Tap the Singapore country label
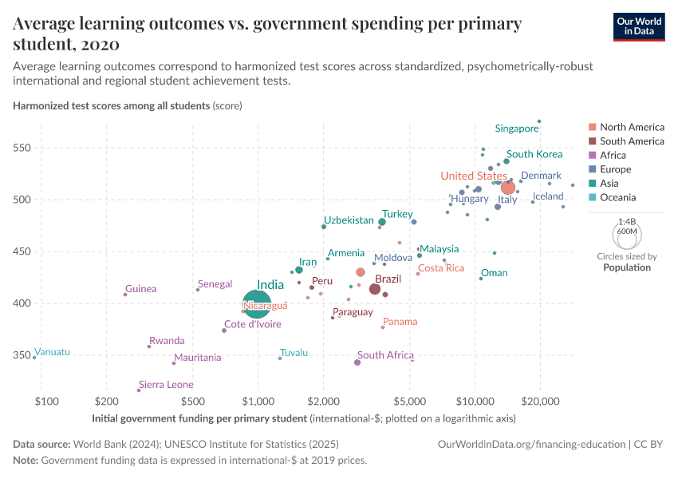[517, 129]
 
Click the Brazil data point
[374, 289]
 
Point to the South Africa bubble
[357, 362]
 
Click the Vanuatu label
[53, 352]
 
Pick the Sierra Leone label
[166, 385]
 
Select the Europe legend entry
[615, 169]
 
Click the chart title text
[267, 33]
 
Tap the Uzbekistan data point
[324, 227]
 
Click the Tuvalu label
[294, 353]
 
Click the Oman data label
[495, 273]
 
